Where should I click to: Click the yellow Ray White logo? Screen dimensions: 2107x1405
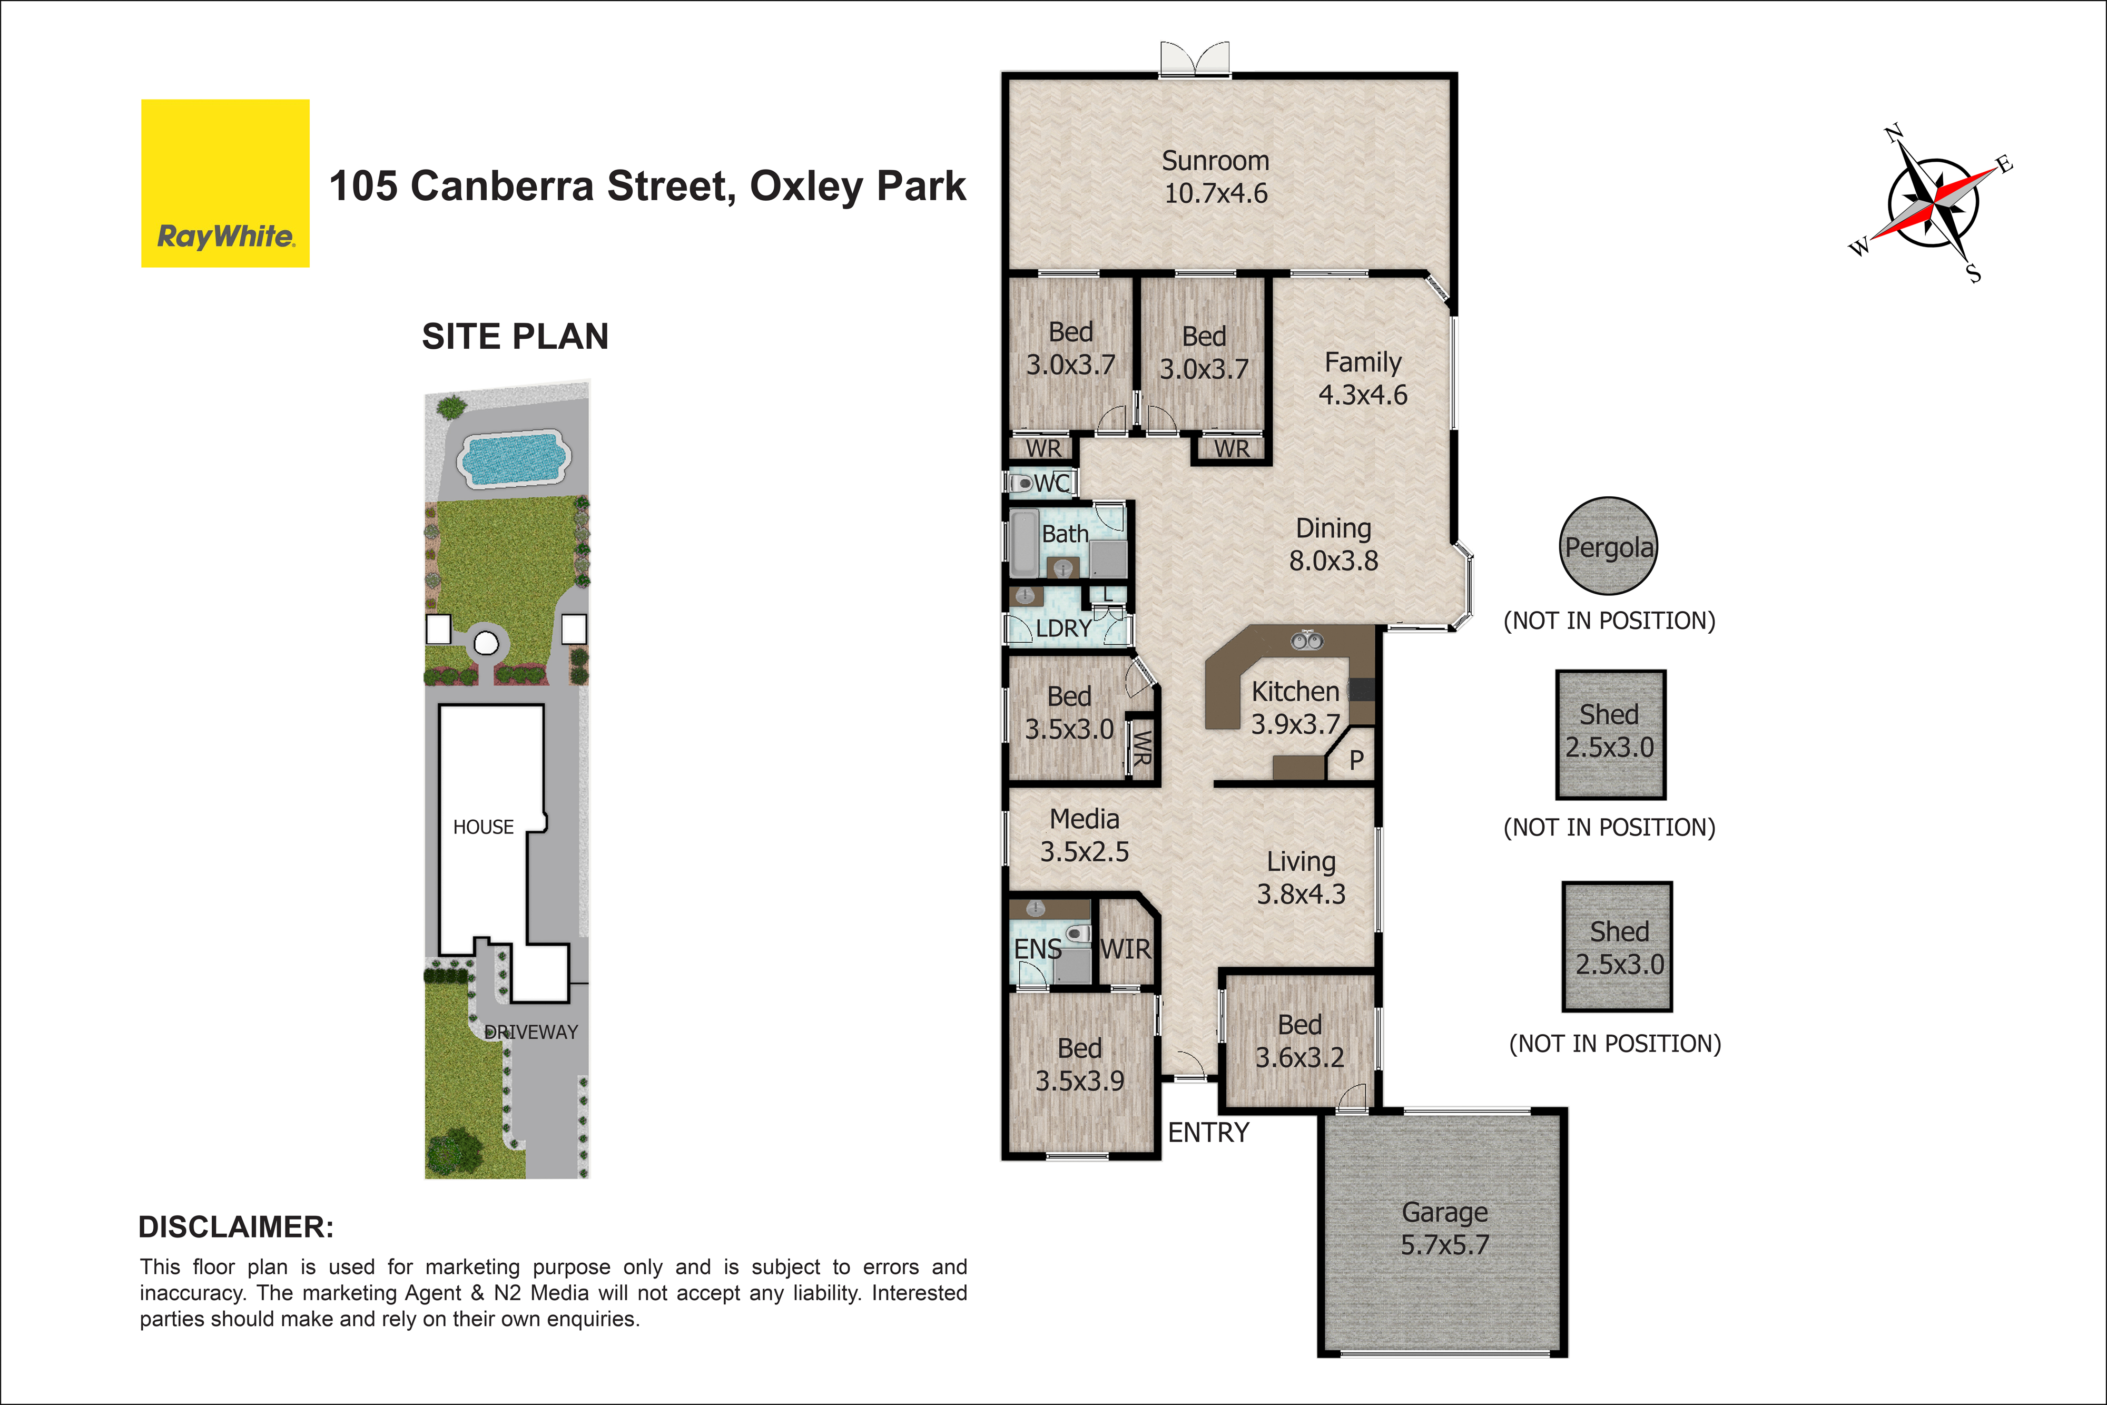point(225,183)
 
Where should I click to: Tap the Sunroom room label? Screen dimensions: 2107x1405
point(1216,176)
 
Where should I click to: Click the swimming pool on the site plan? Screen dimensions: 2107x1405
point(513,459)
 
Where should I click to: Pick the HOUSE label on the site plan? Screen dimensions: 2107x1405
point(484,827)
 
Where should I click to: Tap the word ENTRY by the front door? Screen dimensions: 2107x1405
point(1208,1133)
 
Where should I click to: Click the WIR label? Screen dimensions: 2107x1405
point(1125,949)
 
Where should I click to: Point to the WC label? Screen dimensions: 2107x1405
point(1052,484)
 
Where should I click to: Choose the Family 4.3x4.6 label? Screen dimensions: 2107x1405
point(1363,378)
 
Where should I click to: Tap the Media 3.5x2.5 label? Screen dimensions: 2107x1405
point(1085,835)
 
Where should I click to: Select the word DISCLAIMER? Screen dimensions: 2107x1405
point(235,1227)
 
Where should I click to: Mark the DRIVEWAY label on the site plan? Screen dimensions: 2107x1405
point(531,1032)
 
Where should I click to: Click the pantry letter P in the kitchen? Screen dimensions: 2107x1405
point(1356,760)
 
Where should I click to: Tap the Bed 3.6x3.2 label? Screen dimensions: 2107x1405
point(1300,1041)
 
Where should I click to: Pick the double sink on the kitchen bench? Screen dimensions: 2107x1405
point(1306,641)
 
